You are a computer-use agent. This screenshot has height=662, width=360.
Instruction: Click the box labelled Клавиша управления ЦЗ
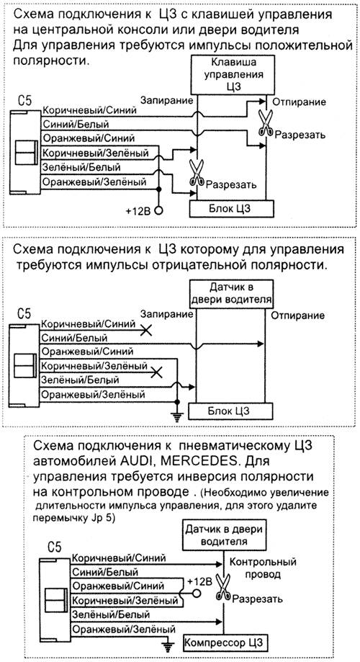(x=232, y=74)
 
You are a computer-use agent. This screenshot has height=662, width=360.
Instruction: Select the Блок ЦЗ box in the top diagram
(x=232, y=209)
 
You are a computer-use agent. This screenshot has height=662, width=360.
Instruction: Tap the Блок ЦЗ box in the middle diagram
(x=232, y=410)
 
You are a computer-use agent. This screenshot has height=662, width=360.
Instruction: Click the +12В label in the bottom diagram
(x=199, y=580)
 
